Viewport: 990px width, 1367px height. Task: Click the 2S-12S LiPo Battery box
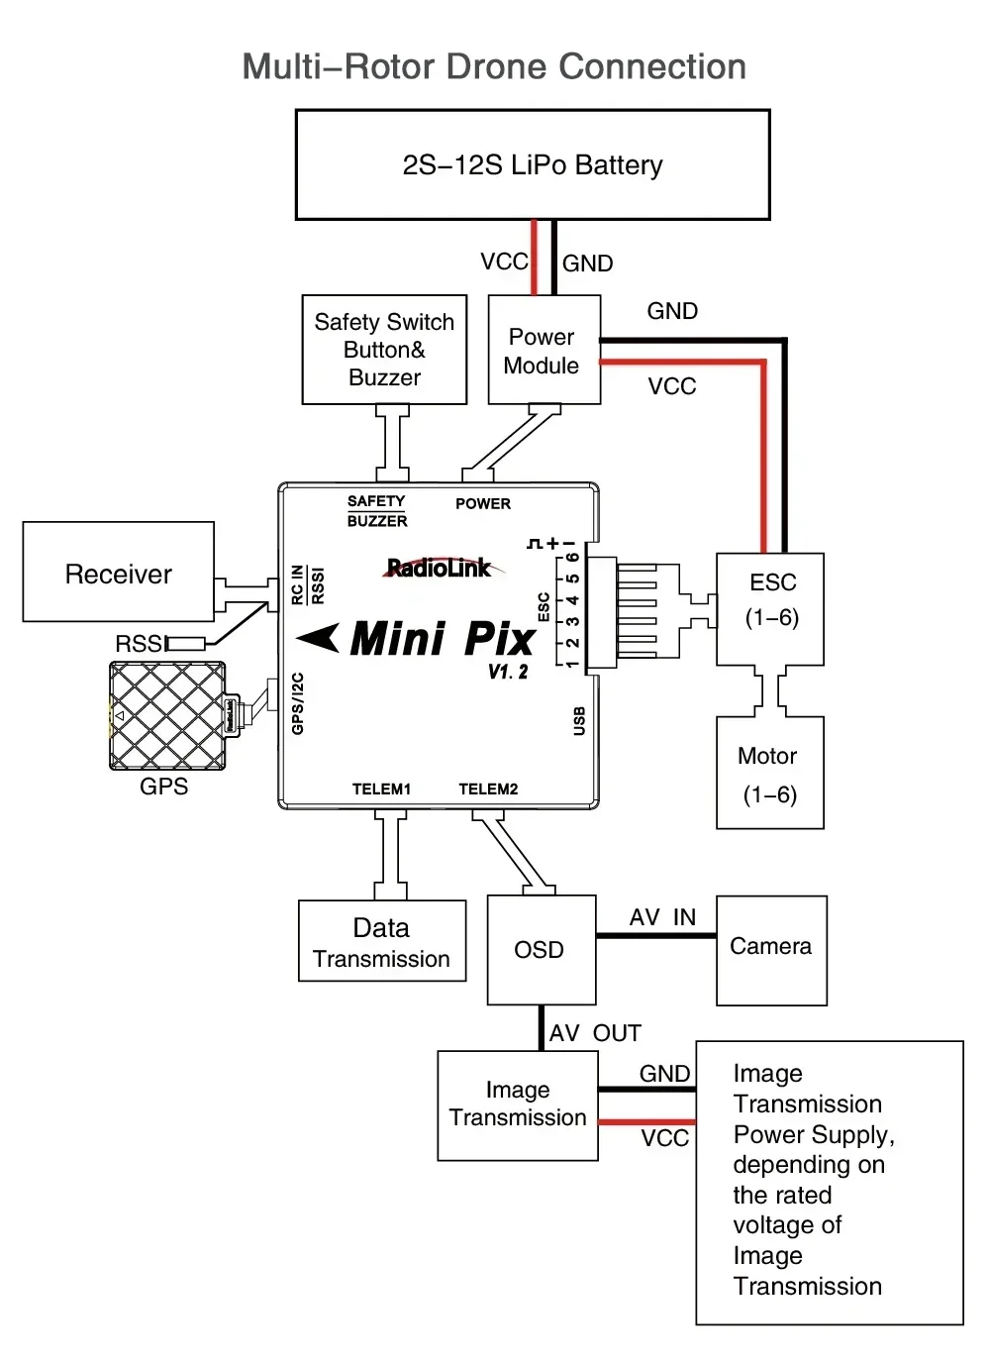pyautogui.click(x=533, y=164)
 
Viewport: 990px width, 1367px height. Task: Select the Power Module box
pyautogui.click(x=544, y=350)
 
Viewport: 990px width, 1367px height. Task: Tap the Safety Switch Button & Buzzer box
pyautogui.click(x=384, y=350)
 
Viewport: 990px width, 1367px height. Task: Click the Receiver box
pyautogui.click(x=119, y=573)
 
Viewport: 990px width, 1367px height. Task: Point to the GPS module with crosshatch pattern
pyautogui.click(x=167, y=716)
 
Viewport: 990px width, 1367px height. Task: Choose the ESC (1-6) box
pyautogui.click(x=771, y=609)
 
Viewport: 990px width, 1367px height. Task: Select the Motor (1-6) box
pyautogui.click(x=769, y=774)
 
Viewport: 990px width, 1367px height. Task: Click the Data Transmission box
pyautogui.click(x=382, y=941)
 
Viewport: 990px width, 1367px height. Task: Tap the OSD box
pyautogui.click(x=541, y=950)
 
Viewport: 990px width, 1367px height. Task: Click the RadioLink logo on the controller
pyautogui.click(x=439, y=568)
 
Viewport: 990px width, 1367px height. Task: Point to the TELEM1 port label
pyautogui.click(x=381, y=789)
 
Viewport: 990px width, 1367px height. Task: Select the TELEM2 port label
pyautogui.click(x=488, y=789)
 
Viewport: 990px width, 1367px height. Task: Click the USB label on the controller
pyautogui.click(x=579, y=721)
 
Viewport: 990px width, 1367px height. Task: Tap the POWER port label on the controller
pyautogui.click(x=483, y=503)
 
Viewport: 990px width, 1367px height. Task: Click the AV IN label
pyautogui.click(x=662, y=917)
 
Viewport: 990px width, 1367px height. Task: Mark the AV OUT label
pyautogui.click(x=595, y=1033)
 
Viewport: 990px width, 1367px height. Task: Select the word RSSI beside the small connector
pyautogui.click(x=141, y=644)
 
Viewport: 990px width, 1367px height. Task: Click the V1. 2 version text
pyautogui.click(x=508, y=672)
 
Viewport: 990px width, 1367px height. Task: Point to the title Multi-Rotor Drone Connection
pyautogui.click(x=494, y=66)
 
